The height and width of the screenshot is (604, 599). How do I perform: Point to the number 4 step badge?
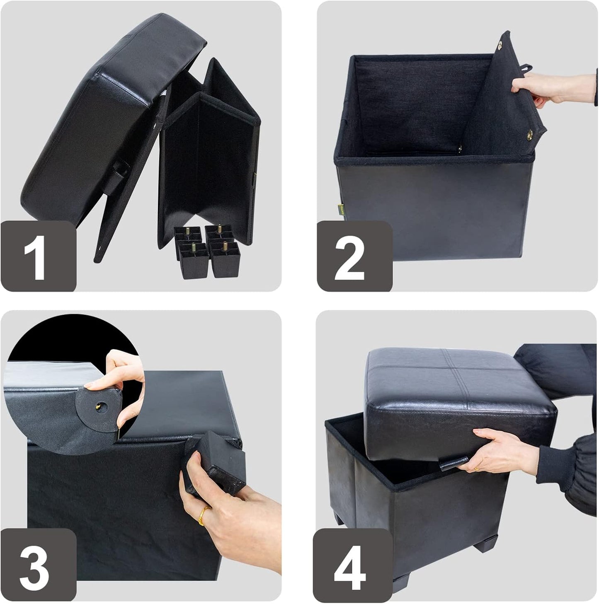point(352,566)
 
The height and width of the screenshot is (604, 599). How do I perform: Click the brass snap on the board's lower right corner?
point(529,134)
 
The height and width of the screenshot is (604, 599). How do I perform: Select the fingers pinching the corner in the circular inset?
point(122,373)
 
